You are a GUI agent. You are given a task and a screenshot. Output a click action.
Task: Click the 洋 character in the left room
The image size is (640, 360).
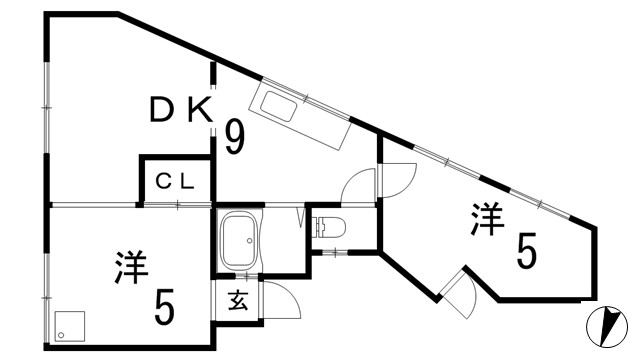coord(131,268)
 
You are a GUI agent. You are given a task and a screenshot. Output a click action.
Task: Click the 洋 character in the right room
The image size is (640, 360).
coord(487,219)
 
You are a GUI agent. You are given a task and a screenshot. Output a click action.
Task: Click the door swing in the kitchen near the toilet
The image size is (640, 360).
coord(359,186)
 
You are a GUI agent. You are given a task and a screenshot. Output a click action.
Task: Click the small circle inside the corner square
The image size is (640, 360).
coord(63,331)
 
